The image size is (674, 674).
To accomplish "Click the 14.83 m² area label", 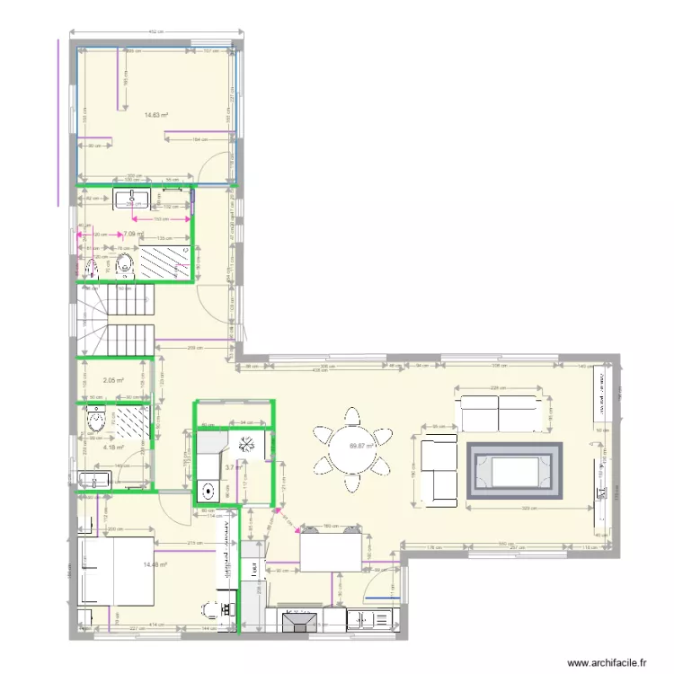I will (x=156, y=115).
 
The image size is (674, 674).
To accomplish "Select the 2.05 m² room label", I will (x=112, y=380).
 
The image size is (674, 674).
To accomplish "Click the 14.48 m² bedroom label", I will (x=155, y=564).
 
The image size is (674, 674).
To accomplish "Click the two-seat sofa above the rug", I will (x=498, y=412).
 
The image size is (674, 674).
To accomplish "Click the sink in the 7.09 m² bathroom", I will (x=137, y=197).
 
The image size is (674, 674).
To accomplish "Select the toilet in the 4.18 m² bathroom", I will (x=94, y=418).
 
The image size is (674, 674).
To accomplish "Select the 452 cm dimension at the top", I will (x=155, y=32).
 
